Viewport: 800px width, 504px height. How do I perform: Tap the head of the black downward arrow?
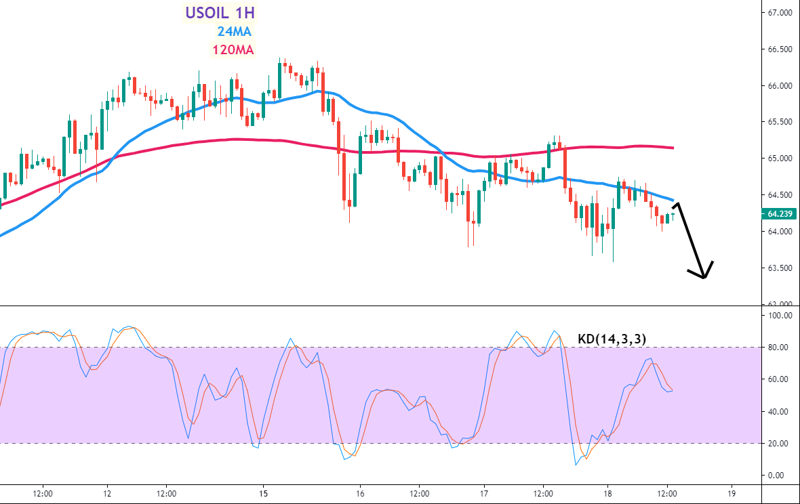[704, 276]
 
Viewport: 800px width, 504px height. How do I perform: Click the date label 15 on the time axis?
[264, 493]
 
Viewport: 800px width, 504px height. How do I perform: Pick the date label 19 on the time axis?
[731, 493]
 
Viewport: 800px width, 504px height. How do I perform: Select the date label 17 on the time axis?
[483, 493]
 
